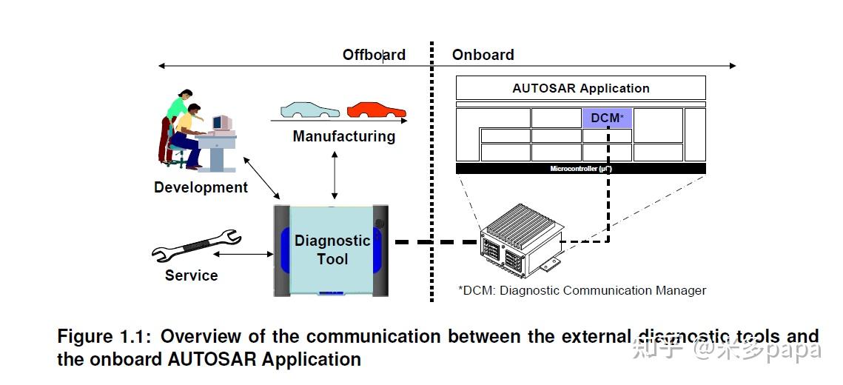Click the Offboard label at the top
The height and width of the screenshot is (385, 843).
click(374, 55)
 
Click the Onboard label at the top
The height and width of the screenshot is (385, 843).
click(483, 55)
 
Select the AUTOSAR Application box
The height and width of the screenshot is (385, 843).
click(580, 88)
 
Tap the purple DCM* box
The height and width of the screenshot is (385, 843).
click(607, 118)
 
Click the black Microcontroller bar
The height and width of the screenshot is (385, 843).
click(580, 169)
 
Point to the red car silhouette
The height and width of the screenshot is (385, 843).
click(376, 110)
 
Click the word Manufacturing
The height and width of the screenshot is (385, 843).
click(343, 136)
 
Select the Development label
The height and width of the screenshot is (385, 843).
click(201, 187)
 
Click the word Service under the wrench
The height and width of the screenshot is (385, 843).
click(191, 275)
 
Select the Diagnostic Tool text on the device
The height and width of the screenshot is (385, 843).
click(332, 250)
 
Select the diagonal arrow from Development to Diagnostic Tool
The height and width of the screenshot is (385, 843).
click(262, 178)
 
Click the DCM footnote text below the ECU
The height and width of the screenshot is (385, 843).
click(582, 290)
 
